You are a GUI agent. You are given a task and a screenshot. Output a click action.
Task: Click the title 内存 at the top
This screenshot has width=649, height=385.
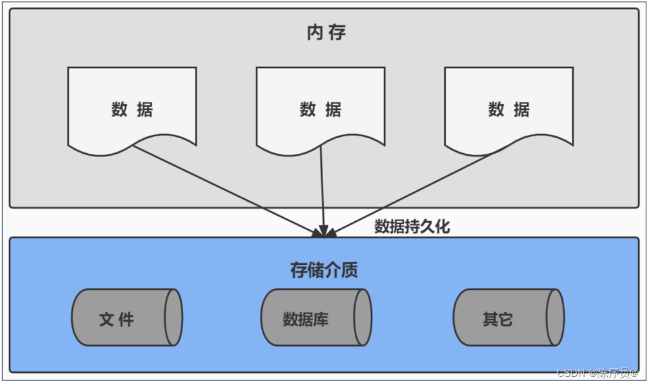(327, 32)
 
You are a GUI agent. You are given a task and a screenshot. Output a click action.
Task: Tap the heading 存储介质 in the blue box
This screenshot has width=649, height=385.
(324, 270)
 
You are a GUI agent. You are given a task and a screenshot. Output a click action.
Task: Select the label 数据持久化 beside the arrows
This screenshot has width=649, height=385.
(412, 227)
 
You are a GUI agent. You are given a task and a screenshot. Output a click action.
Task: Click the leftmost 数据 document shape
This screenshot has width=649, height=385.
(132, 108)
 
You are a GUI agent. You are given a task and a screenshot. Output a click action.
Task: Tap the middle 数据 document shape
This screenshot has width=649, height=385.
(320, 108)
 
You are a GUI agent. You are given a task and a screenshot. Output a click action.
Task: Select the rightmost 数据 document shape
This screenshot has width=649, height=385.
(509, 108)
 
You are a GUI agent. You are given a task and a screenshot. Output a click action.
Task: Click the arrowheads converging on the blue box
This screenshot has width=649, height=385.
(324, 232)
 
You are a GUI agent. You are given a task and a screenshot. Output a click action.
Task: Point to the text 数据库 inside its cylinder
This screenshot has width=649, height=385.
(306, 319)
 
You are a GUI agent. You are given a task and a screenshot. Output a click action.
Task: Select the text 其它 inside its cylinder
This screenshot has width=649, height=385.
(498, 319)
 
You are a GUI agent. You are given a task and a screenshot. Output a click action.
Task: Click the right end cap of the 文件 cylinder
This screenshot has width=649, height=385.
(174, 318)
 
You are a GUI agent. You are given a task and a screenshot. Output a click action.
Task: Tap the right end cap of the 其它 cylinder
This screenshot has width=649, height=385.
(555, 318)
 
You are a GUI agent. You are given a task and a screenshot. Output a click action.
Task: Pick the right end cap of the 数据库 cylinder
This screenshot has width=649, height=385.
(364, 318)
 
